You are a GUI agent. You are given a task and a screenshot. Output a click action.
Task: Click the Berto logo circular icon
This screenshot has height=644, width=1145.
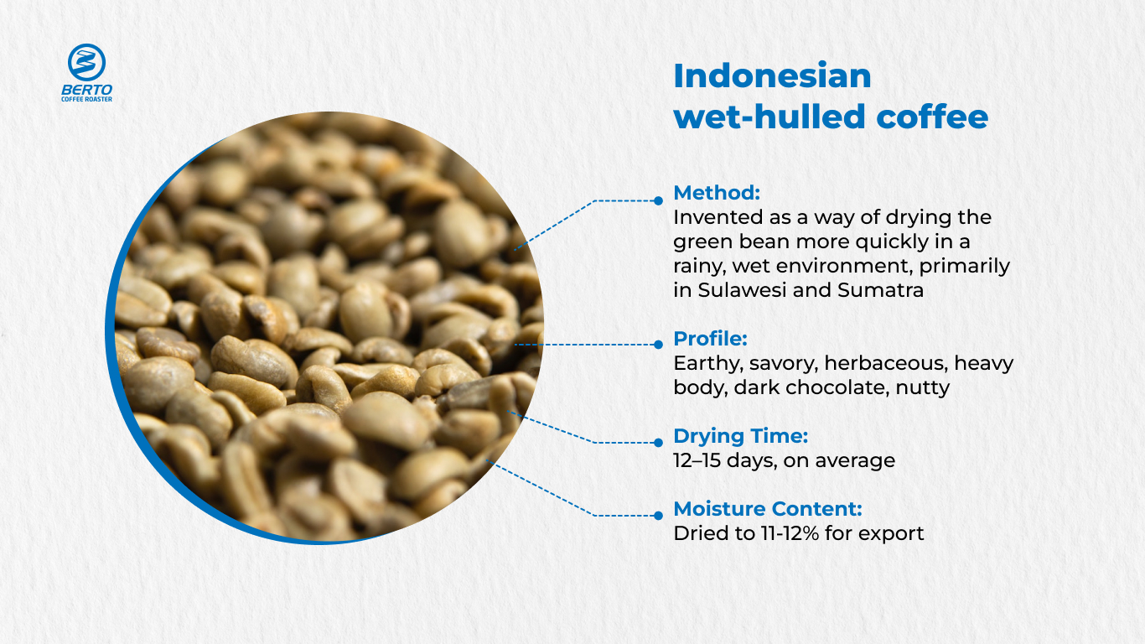click(86, 63)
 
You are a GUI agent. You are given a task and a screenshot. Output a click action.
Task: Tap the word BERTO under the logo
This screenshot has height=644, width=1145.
click(86, 89)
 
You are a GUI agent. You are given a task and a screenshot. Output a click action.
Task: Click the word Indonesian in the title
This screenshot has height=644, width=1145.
click(772, 76)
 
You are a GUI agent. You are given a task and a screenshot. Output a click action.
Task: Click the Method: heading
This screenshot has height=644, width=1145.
click(717, 193)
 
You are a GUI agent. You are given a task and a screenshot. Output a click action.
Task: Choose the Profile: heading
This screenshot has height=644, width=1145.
click(710, 339)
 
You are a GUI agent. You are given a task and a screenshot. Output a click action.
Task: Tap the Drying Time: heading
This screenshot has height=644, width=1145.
click(740, 436)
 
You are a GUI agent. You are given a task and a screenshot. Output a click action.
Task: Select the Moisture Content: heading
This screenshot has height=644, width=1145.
click(768, 508)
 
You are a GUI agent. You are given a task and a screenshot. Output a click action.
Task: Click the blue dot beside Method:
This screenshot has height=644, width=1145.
click(658, 200)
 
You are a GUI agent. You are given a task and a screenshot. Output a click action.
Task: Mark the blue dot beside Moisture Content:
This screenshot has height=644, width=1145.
click(658, 514)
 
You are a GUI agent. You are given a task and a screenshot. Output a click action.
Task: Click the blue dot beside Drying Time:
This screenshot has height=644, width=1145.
click(658, 442)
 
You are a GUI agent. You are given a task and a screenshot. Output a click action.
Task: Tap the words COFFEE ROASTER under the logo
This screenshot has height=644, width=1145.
click(86, 99)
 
